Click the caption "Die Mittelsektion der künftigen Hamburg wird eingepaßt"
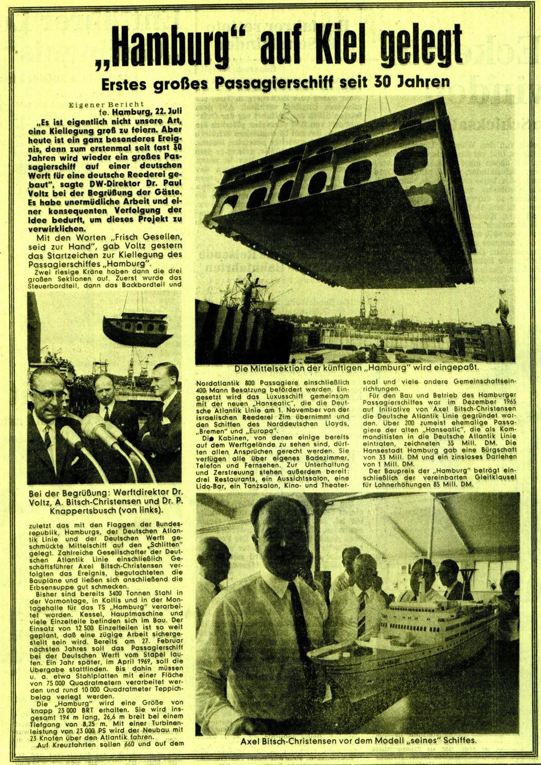click(356, 368)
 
